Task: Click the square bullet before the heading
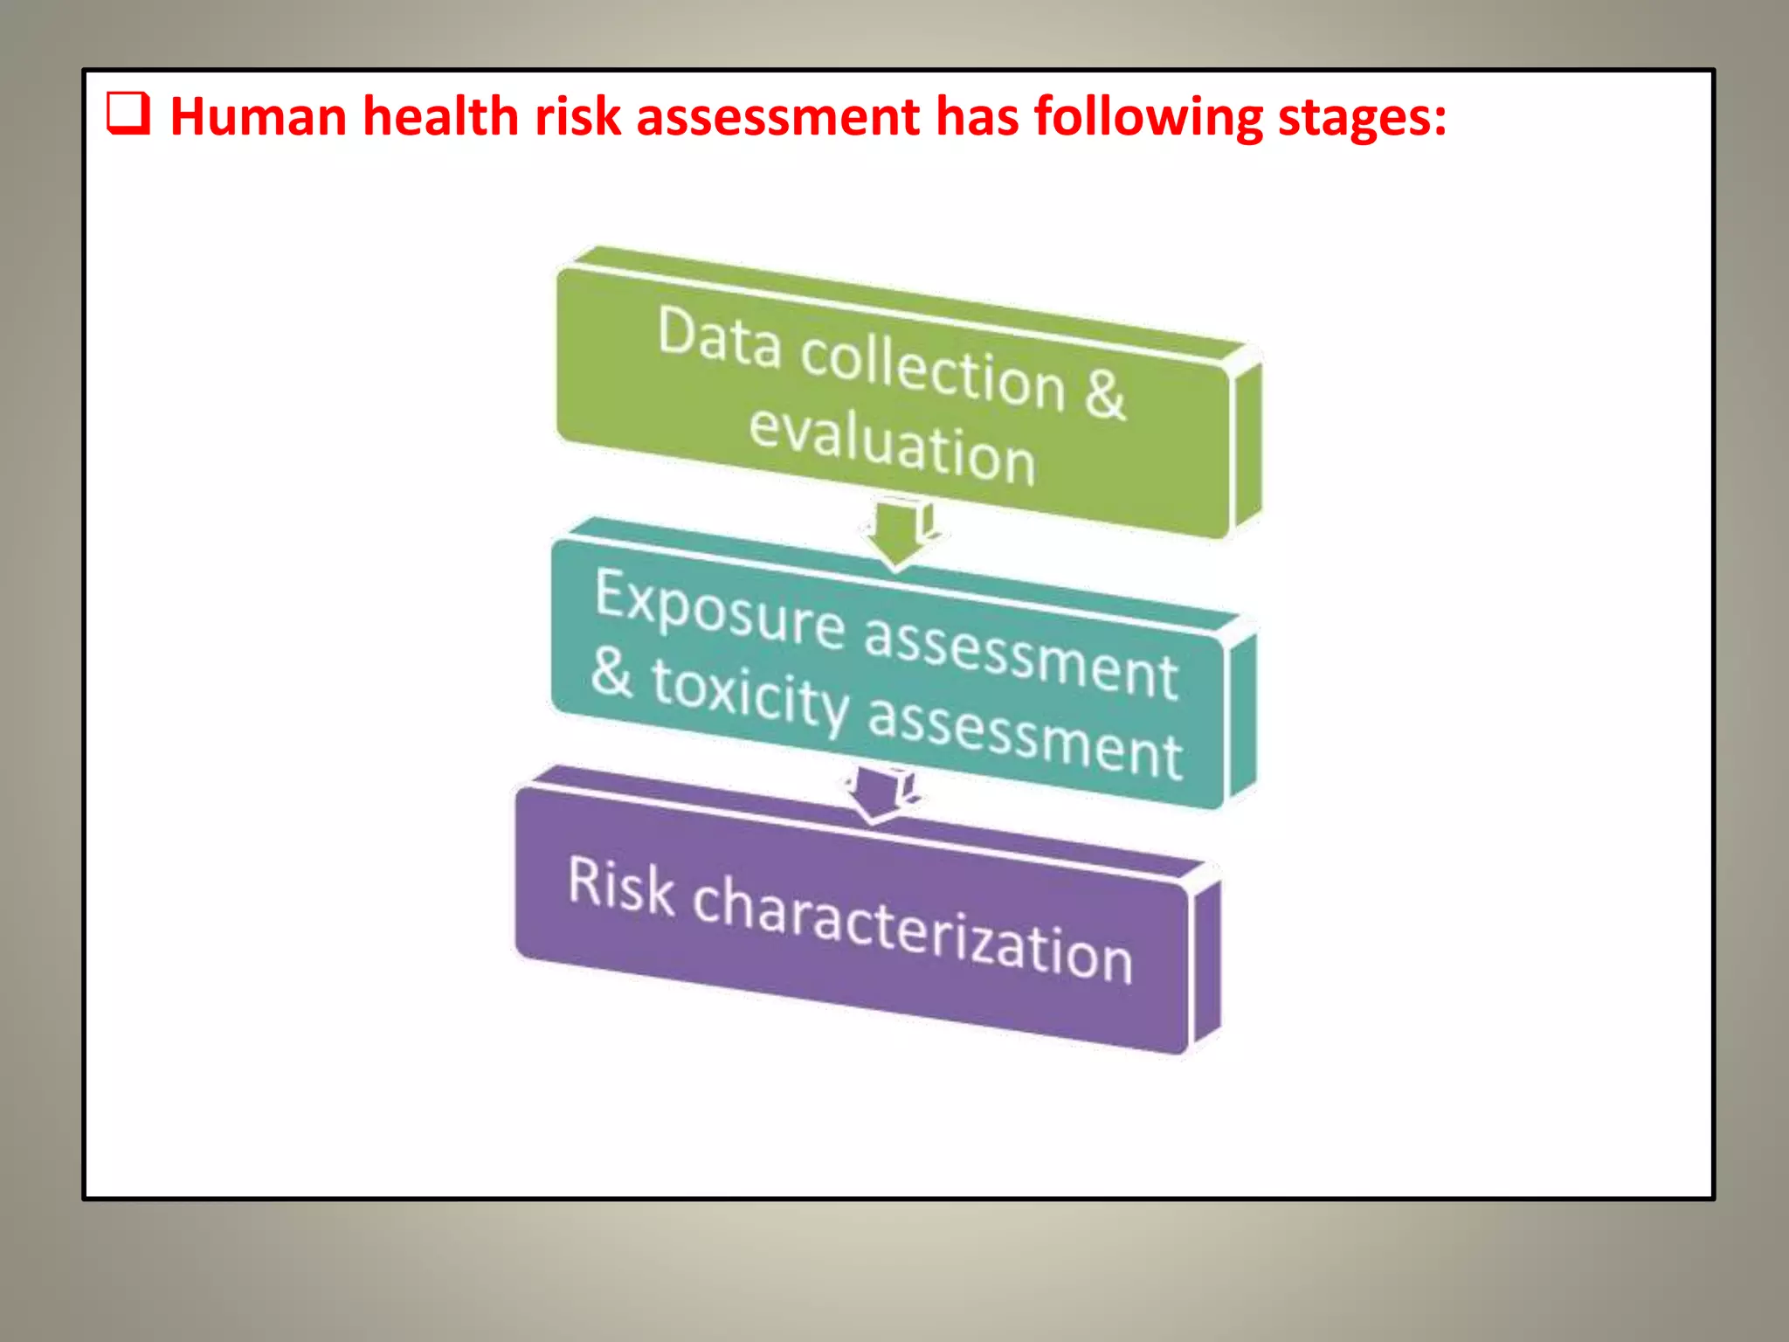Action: tap(128, 114)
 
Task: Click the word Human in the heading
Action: tap(259, 116)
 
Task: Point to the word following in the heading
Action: tap(1148, 118)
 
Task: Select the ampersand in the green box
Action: tap(1105, 394)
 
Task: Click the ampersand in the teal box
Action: tap(611, 673)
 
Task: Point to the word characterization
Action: tap(913, 930)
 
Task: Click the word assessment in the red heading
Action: tap(777, 116)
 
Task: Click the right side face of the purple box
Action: tap(1205, 961)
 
